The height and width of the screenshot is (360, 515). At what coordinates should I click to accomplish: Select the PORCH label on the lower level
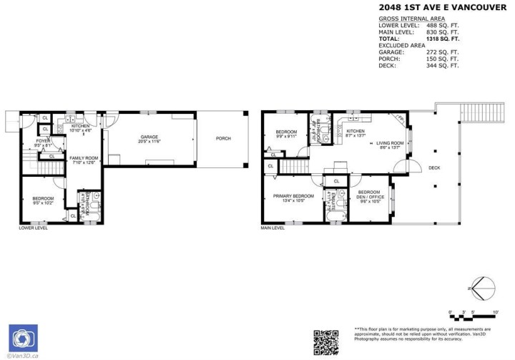coord(223,139)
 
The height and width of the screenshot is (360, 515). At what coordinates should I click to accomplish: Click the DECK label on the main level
coord(434,168)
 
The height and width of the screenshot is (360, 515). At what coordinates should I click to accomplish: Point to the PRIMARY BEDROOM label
coord(294,198)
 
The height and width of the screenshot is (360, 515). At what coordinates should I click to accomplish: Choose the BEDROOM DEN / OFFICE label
coord(369,194)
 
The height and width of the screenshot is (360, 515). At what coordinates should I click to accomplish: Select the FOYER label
coord(43,142)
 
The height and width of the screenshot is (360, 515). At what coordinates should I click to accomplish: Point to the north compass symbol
coord(480,289)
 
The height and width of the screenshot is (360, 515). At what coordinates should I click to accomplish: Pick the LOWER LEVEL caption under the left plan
coord(34,228)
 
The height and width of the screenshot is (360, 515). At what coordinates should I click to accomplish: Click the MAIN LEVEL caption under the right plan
coord(274,228)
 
